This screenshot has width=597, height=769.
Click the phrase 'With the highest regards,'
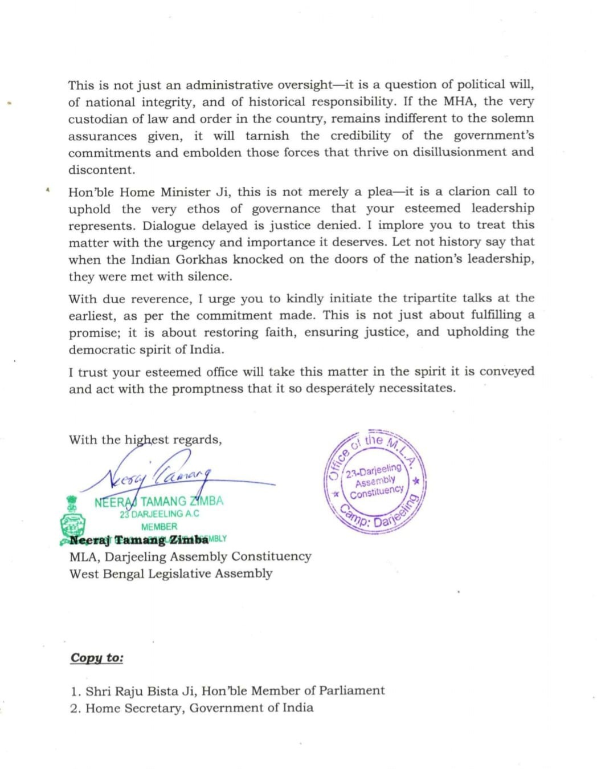point(145,440)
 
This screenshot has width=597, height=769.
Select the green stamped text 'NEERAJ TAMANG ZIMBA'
point(159,502)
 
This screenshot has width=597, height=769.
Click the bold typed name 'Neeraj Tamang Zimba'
point(139,540)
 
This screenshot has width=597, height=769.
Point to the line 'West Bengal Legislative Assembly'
point(170,573)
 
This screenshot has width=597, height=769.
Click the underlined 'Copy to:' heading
point(97,658)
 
